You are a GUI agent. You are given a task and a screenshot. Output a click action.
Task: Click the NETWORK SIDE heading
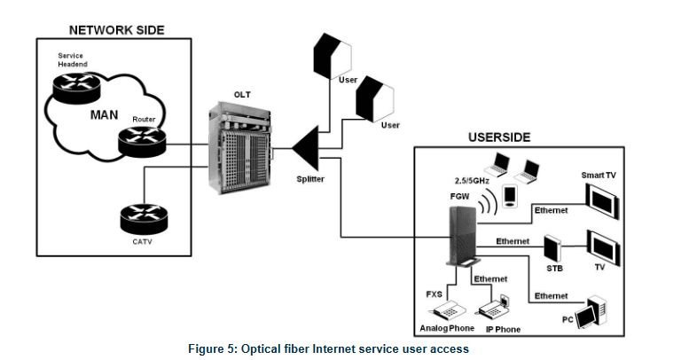[114, 30]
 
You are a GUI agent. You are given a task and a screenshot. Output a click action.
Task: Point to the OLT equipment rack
[238, 155]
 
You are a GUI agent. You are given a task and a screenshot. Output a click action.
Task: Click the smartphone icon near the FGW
[509, 196]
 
